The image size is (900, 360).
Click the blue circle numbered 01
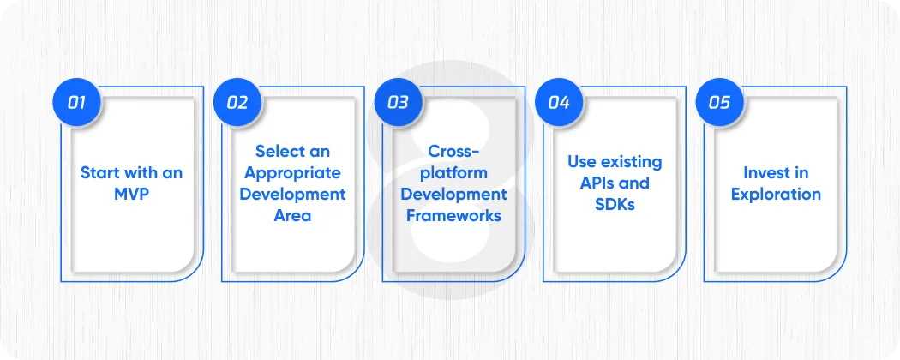tap(76, 103)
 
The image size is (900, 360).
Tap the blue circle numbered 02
tap(237, 103)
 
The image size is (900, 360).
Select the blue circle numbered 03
tap(398, 103)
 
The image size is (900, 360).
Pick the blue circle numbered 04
tap(559, 103)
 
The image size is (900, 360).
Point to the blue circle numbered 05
tap(719, 103)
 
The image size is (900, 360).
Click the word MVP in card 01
tap(131, 194)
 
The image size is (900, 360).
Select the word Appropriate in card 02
tap(292, 172)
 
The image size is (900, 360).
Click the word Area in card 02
tap(292, 215)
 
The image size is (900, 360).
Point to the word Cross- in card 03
tap(453, 151)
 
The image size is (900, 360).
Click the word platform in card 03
tap(453, 172)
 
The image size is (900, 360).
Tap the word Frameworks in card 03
tap(453, 215)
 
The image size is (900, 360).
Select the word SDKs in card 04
tap(615, 204)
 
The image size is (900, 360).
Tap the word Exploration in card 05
tap(776, 194)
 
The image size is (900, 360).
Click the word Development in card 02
tap(292, 194)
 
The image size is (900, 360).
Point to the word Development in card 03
tap(453, 194)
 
